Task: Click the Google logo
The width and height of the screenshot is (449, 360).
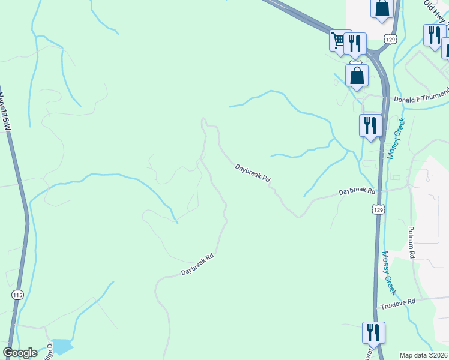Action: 20,353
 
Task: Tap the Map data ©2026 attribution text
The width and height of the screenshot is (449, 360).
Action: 424,355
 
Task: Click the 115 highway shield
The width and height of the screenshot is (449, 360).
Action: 17,295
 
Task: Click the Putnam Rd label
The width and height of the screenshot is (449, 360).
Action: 412,242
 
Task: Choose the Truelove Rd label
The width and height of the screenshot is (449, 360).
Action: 397,304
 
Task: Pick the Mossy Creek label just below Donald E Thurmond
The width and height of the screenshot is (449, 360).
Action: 396,137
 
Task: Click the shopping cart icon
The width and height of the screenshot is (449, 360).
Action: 339,41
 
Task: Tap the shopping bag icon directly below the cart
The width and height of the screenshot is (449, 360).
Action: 357,76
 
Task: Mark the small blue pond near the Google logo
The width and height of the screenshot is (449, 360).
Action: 61,346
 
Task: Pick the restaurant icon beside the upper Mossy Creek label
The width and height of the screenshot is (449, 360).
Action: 370,125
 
